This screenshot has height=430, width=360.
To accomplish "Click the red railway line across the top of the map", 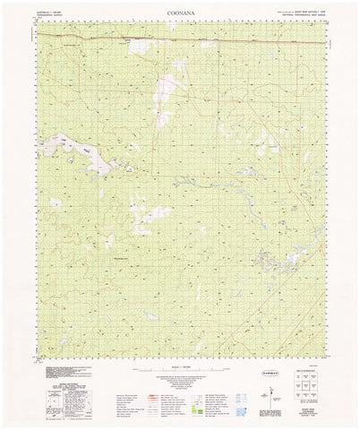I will point(179,41).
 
